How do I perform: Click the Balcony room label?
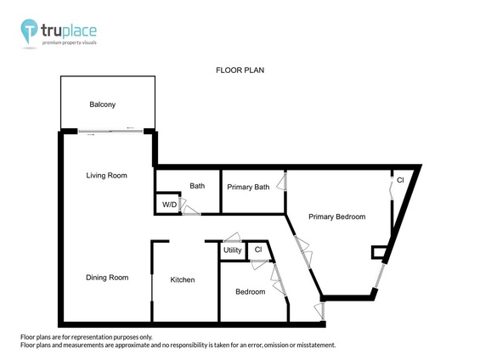(x=102, y=104)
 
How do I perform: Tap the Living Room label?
(x=106, y=176)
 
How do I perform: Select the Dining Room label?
(x=106, y=278)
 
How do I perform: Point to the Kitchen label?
(x=183, y=279)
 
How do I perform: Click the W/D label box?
(x=169, y=205)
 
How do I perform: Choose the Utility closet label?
(x=232, y=250)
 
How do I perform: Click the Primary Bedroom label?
(x=336, y=217)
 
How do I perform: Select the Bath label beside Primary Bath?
(x=197, y=186)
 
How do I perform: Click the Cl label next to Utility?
(x=257, y=250)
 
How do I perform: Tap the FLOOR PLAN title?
(x=240, y=70)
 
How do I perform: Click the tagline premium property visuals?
(x=71, y=42)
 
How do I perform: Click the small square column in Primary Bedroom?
(x=377, y=251)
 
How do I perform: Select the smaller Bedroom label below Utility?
(x=250, y=291)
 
